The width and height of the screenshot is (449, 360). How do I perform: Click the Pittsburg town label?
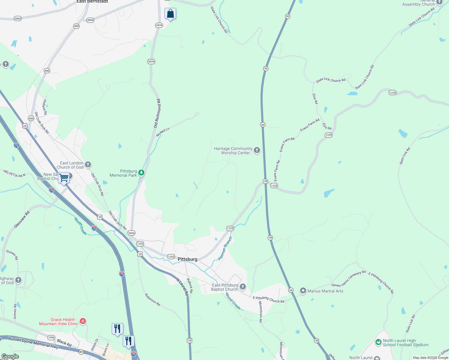(188, 259)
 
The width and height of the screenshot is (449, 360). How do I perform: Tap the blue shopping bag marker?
(170, 14)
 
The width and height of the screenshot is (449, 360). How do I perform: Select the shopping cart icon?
(64, 178)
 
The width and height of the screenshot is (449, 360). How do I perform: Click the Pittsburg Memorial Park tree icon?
(141, 173)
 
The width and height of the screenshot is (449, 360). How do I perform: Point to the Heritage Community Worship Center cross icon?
(257, 150)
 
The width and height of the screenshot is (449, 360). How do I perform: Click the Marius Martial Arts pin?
(303, 291)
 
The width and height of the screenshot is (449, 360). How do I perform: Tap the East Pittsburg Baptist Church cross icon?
(243, 287)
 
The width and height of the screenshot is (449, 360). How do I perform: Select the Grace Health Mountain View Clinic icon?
(83, 321)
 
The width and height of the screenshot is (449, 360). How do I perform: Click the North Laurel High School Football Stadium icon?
(378, 342)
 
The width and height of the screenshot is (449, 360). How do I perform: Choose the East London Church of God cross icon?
(88, 164)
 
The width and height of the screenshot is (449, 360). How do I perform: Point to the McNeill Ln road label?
(163, 132)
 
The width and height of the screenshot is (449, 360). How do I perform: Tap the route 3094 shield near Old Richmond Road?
(90, 20)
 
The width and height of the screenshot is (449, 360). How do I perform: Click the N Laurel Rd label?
(182, 287)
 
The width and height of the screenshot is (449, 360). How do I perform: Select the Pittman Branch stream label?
(225, 248)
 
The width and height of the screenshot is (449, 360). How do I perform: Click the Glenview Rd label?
(22, 219)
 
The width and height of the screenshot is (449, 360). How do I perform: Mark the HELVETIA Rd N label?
(14, 173)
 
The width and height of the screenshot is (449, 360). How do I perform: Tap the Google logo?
(10, 356)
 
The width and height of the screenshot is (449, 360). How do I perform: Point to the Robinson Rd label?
(152, 300)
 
